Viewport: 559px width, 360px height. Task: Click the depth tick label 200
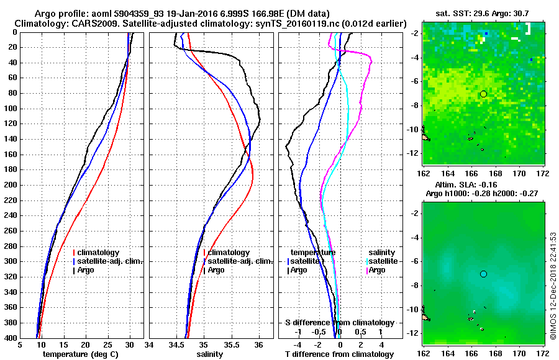tap(11, 185)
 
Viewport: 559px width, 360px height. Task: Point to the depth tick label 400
tap(11, 338)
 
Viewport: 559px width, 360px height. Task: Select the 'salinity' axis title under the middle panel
tap(211, 354)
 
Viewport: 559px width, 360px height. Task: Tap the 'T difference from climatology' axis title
tap(339, 354)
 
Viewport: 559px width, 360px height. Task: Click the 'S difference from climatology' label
tap(339, 323)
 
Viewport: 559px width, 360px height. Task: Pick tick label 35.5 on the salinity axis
tap(231, 345)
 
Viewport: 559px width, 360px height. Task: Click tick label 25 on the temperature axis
tap(107, 345)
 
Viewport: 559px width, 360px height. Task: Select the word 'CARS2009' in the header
tap(81, 23)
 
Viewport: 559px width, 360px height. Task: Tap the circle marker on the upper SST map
tap(483, 94)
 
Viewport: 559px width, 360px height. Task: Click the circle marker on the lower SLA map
tap(483, 274)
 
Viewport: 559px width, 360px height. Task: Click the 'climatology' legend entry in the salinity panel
tap(229, 253)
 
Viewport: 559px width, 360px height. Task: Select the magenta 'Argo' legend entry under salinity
tap(377, 270)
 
